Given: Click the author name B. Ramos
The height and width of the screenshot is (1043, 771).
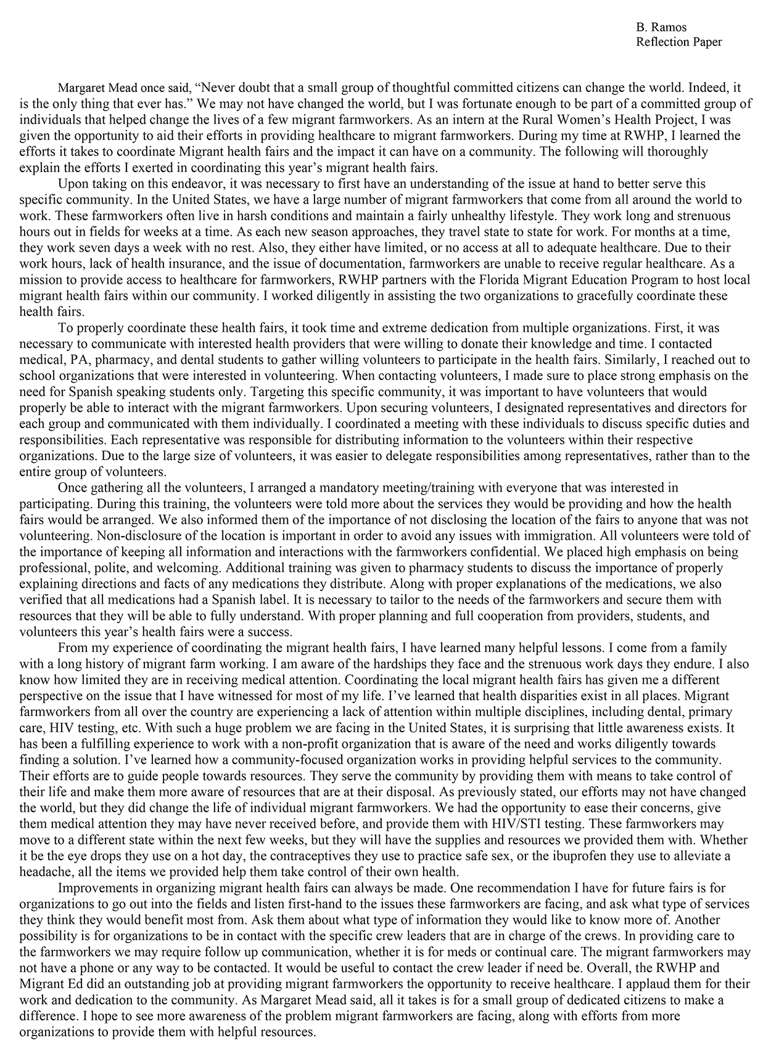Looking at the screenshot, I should pyautogui.click(x=661, y=27).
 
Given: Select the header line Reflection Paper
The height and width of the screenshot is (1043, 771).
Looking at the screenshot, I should pyautogui.click(x=678, y=42).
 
